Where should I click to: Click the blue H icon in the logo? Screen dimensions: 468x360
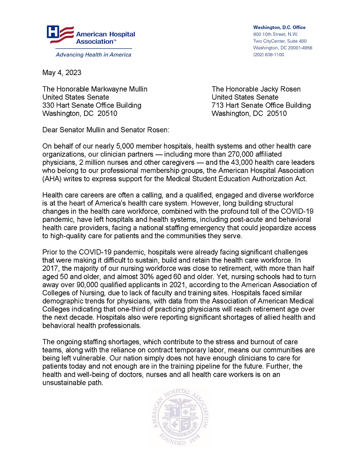point(53,32)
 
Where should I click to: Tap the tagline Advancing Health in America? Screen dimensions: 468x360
point(87,55)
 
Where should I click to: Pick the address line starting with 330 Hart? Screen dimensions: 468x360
point(92,105)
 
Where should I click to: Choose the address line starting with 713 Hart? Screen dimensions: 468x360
point(261,105)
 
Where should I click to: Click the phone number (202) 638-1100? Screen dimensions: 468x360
point(268,55)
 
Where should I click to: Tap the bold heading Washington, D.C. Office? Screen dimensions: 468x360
point(279,28)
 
